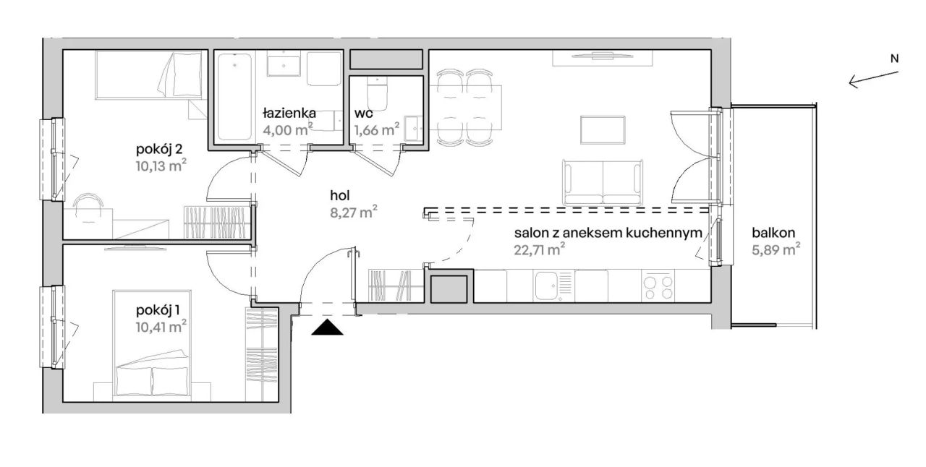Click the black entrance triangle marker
(327, 327)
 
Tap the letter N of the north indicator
(894, 59)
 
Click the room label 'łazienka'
(289, 113)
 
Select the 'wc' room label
(363, 113)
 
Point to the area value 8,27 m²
(354, 212)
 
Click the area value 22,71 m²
(540, 249)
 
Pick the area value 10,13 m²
(161, 166)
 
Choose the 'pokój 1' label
(158, 310)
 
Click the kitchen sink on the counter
(552, 286)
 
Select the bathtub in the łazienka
(234, 97)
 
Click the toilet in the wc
(377, 93)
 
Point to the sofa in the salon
(603, 182)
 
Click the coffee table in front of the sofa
(603, 130)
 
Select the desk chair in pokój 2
(88, 208)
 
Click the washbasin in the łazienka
(284, 64)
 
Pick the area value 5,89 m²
(776, 249)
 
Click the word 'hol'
(340, 195)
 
